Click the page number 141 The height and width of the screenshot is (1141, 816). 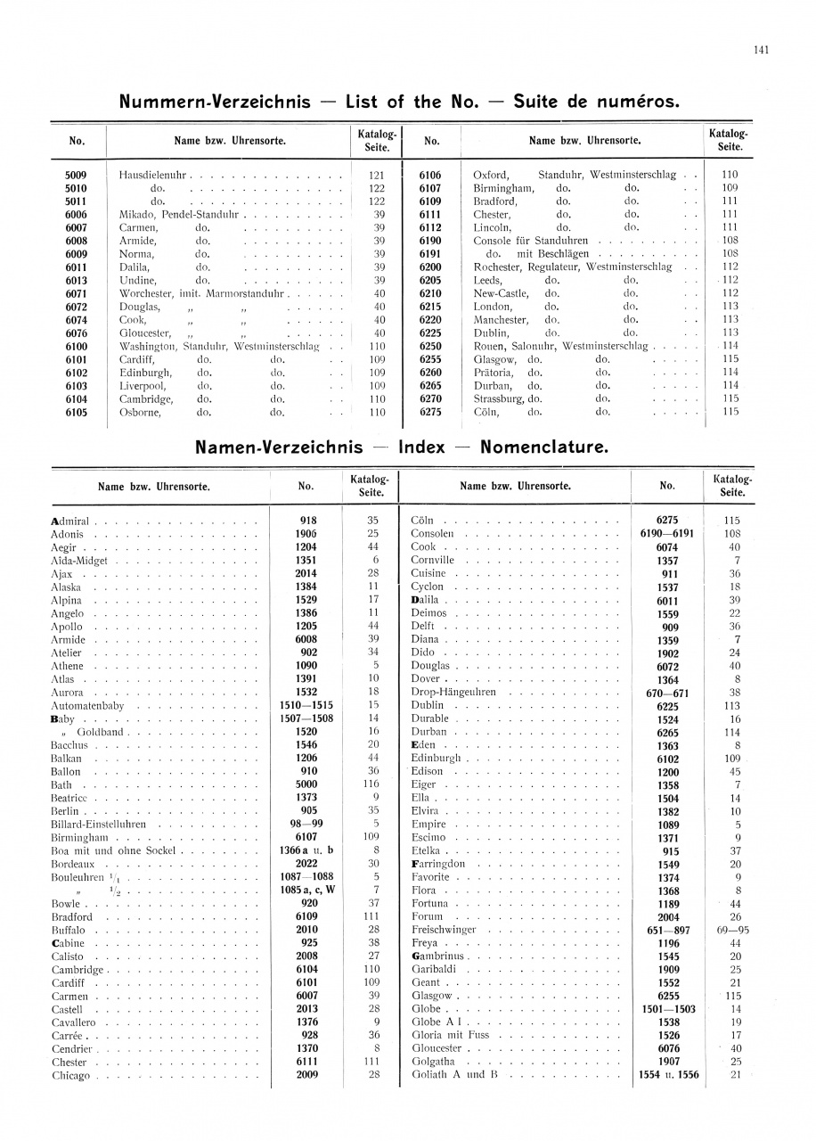coord(761,50)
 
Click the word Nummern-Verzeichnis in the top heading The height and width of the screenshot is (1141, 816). coord(215,102)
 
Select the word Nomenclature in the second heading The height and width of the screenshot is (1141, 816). coord(544,447)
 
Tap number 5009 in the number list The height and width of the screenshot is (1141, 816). coord(76,175)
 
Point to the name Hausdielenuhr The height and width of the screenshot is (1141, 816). coord(152,175)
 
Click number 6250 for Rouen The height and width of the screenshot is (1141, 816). coord(430,346)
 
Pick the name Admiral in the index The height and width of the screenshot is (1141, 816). coord(69,521)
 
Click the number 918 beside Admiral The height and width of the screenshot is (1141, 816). coord(306,521)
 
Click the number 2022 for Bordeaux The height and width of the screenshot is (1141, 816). coord(306,864)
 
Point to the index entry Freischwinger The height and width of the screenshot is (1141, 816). coord(444,930)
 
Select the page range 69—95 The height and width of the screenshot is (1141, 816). coord(732,930)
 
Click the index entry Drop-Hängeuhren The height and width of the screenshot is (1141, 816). coord(453,693)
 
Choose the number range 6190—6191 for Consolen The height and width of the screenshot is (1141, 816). coord(666,534)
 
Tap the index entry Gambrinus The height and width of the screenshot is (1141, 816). coord(438,956)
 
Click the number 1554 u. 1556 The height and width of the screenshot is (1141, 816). coord(668,1076)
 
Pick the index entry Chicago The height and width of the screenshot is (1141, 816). coord(71,1076)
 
